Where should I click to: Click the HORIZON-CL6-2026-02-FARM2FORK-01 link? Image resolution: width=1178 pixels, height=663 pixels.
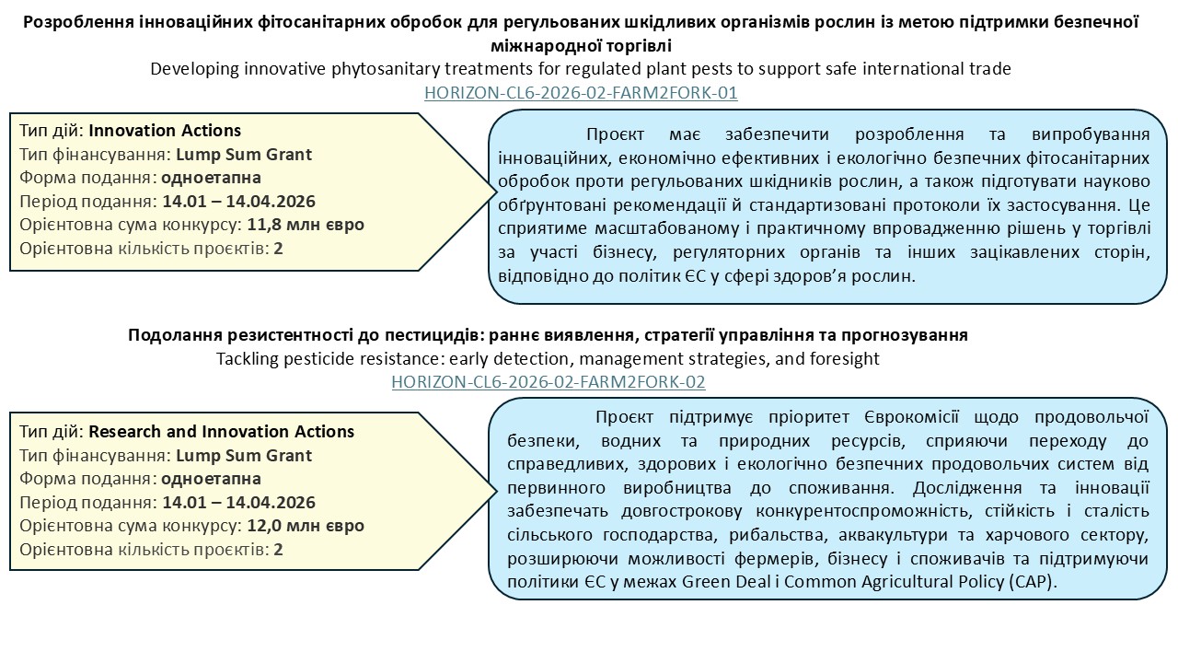[581, 93]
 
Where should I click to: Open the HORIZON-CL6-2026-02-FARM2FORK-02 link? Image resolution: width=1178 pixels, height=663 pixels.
[549, 381]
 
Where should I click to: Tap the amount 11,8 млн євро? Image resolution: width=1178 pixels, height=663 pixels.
[306, 226]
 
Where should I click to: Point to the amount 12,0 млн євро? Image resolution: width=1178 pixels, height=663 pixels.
[306, 527]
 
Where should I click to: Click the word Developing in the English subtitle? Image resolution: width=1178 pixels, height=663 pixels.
[191, 69]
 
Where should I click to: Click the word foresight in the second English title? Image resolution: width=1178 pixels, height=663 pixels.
[848, 358]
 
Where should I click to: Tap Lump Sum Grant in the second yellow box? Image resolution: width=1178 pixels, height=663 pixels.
[244, 456]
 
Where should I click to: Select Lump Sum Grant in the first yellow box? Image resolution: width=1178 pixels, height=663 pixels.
[244, 155]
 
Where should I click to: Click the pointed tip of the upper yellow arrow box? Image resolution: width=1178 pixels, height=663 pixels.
[494, 191]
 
